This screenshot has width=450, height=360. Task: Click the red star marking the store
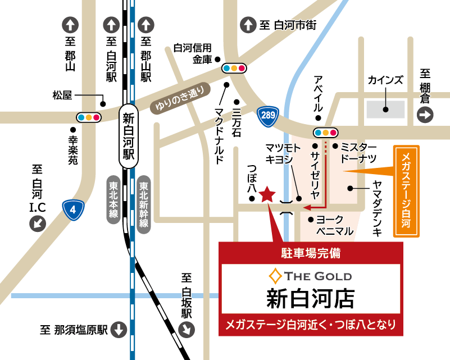coord(267,194)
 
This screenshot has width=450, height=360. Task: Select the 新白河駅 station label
coord(129,135)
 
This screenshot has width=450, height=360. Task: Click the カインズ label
coord(385,80)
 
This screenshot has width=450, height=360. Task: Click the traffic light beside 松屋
coord(89,117)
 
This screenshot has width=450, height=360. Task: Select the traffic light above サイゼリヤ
coord(326,133)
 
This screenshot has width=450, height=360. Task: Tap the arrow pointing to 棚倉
coord(425,116)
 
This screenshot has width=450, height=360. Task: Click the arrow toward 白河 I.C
coord(38,224)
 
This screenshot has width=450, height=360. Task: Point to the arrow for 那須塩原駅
coord(119,330)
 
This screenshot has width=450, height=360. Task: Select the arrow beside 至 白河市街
coord(247,25)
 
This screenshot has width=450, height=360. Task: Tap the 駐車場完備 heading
coord(311,253)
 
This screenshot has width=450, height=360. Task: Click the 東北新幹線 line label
coord(144,205)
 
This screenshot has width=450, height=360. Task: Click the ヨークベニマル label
coord(335,225)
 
